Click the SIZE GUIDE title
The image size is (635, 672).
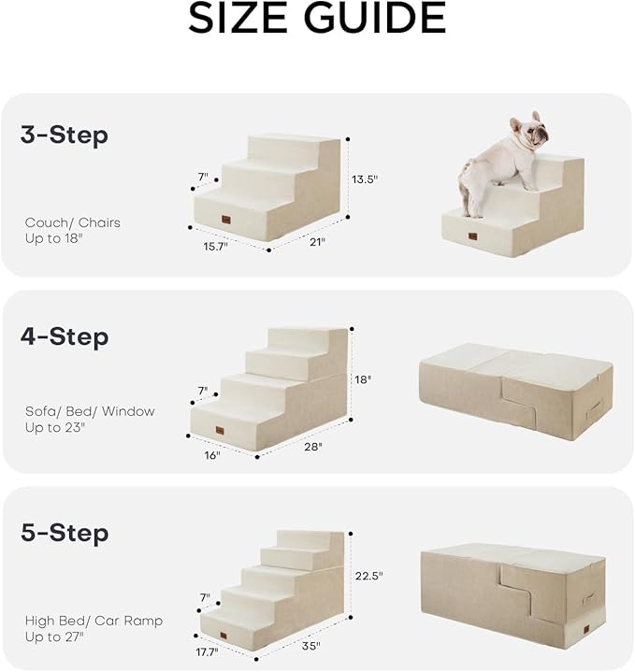317,20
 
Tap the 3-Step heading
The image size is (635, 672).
65,136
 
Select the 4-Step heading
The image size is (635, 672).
65,336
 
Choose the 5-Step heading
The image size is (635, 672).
65,534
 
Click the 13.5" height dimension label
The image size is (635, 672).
365,179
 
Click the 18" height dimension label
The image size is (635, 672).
363,379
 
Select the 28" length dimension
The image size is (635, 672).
312,447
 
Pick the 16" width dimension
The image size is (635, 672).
212,455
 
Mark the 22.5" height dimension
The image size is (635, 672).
368,576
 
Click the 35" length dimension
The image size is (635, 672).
310,646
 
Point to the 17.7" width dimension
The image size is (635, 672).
207,651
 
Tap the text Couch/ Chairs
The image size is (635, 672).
73,222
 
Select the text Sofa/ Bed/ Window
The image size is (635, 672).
90,411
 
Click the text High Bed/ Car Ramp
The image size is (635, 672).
94,621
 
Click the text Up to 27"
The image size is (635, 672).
54,636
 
